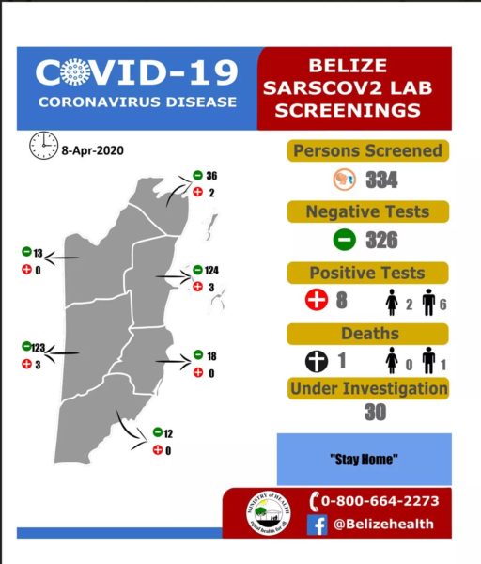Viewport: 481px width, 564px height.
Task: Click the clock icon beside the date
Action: click(x=42, y=146)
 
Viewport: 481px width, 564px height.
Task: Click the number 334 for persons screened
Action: click(x=382, y=180)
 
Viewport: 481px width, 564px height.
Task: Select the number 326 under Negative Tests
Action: click(x=382, y=240)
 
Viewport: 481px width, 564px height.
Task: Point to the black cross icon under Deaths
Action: click(x=318, y=362)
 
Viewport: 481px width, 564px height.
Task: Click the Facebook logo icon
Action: click(x=318, y=526)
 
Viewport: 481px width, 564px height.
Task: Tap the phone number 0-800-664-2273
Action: click(x=380, y=501)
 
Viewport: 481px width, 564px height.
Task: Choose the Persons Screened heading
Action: click(x=368, y=151)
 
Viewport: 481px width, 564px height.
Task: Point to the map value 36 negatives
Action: click(x=211, y=176)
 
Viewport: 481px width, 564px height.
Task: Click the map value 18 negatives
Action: click(x=211, y=355)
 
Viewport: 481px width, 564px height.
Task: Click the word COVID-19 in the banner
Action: click(x=137, y=71)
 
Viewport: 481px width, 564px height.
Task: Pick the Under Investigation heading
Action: click(x=368, y=388)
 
